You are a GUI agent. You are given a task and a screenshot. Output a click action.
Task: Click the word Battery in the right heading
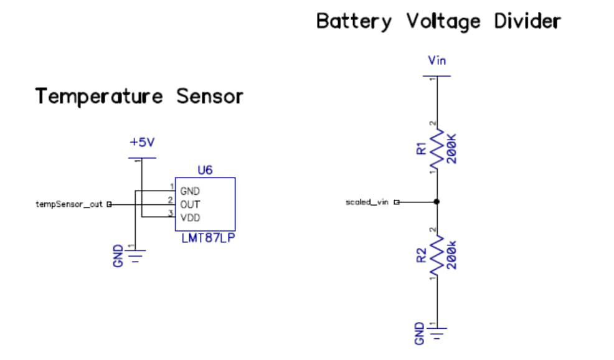354,21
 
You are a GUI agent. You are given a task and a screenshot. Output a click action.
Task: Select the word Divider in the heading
527,21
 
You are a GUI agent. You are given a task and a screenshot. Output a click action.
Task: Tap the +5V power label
141,143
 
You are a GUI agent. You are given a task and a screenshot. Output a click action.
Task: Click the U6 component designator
205,169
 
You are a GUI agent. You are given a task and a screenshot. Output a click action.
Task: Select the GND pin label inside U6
190,191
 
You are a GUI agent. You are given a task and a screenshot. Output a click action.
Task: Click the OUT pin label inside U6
190,204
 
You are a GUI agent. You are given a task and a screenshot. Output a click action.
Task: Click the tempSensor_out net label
69,204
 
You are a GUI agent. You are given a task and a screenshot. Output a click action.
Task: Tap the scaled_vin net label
367,202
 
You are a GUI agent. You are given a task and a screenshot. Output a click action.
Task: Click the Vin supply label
437,60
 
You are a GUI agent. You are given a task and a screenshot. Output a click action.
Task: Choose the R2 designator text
421,255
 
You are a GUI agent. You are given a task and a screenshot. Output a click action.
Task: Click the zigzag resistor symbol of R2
437,255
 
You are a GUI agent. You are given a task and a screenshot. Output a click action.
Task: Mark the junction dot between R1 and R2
437,202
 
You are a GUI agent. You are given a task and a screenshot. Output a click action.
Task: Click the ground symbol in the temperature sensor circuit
135,254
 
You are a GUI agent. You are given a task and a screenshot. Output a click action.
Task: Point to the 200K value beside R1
451,148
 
